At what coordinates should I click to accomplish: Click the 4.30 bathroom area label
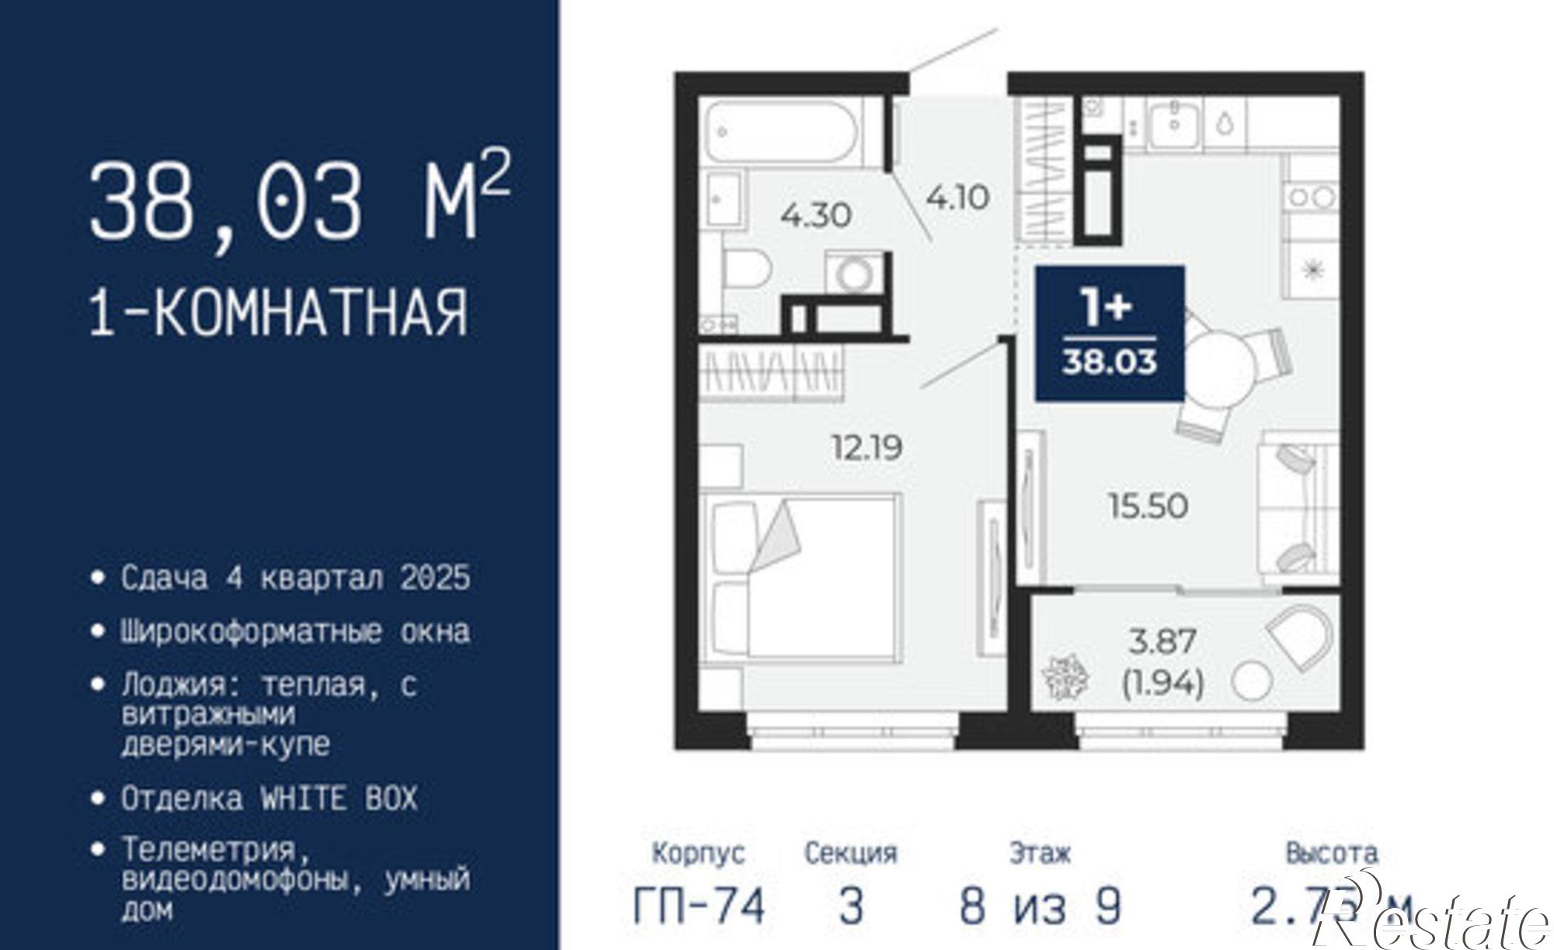(816, 215)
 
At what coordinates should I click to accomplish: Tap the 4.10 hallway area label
(957, 198)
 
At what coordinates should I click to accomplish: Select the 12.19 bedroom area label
(866, 448)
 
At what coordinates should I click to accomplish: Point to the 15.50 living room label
(1148, 506)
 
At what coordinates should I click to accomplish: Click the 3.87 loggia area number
(1162, 642)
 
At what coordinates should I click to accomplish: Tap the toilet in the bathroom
(746, 268)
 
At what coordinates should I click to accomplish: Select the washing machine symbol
(855, 274)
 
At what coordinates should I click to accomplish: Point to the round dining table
(1220, 365)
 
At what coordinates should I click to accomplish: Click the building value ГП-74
(699, 906)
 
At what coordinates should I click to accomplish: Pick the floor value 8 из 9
(1040, 906)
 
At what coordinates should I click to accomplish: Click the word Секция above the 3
(851, 854)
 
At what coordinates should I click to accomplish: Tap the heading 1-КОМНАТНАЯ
(280, 312)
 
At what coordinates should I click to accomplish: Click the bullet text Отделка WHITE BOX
(269, 799)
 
